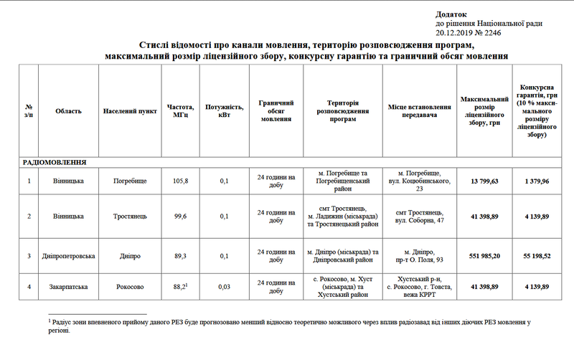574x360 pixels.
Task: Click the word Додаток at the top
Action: [x=451, y=14]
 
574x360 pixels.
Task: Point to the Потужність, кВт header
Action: [x=224, y=111]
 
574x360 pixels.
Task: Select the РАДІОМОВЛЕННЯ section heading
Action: [x=55, y=163]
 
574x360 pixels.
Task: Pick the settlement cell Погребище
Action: [x=130, y=181]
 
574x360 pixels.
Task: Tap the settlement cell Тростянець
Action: [x=130, y=216]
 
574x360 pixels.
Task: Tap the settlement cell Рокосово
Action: [x=130, y=288]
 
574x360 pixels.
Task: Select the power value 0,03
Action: [x=224, y=288]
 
